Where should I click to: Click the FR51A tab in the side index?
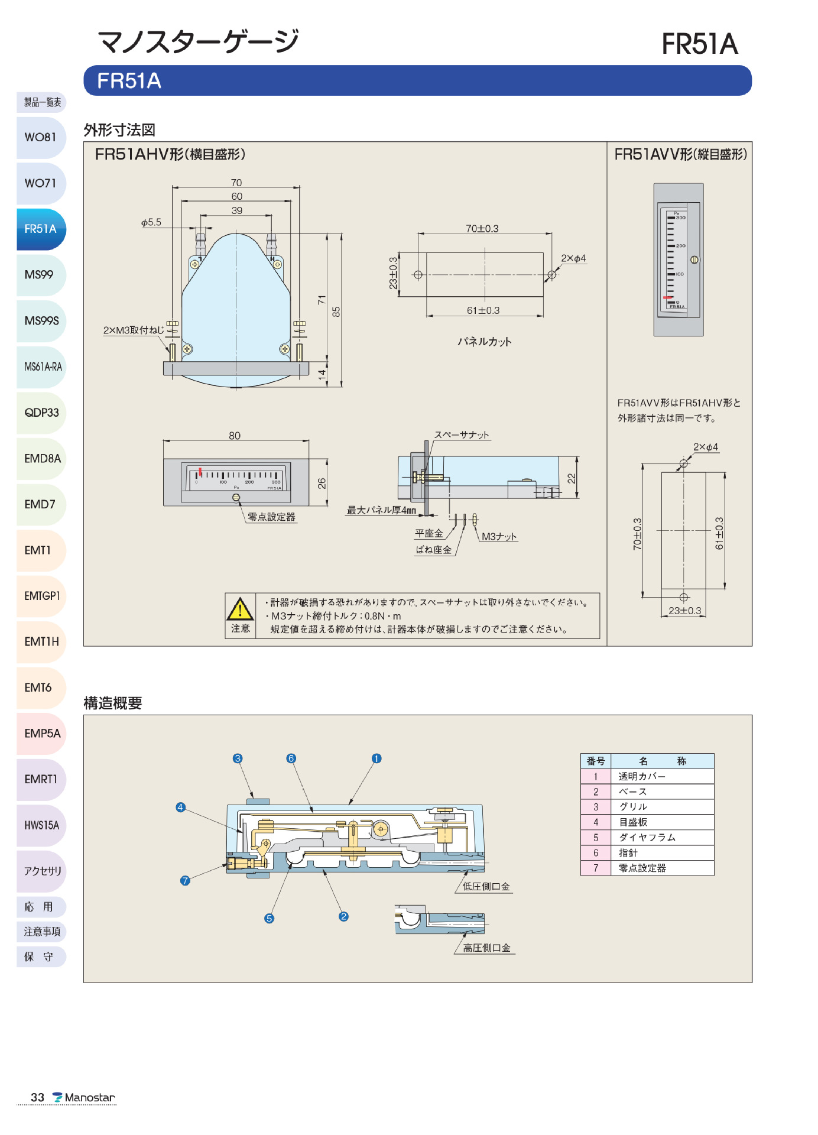[41, 229]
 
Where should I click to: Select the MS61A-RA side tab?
[42, 367]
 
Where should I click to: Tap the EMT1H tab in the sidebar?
[41, 641]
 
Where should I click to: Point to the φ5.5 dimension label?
[151, 222]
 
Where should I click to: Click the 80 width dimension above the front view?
[235, 436]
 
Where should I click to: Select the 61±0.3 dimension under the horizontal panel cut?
[483, 310]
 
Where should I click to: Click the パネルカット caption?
[484, 342]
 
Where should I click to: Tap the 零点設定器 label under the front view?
[271, 517]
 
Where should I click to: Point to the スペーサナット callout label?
[462, 435]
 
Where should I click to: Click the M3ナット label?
[499, 536]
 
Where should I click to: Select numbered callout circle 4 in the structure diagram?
[181, 807]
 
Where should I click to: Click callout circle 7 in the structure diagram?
[185, 881]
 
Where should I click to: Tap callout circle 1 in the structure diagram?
[376, 758]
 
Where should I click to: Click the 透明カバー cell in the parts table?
[642, 776]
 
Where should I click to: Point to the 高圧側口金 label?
[486, 948]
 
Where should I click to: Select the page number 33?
[37, 1098]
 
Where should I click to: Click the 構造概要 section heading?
[113, 703]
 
